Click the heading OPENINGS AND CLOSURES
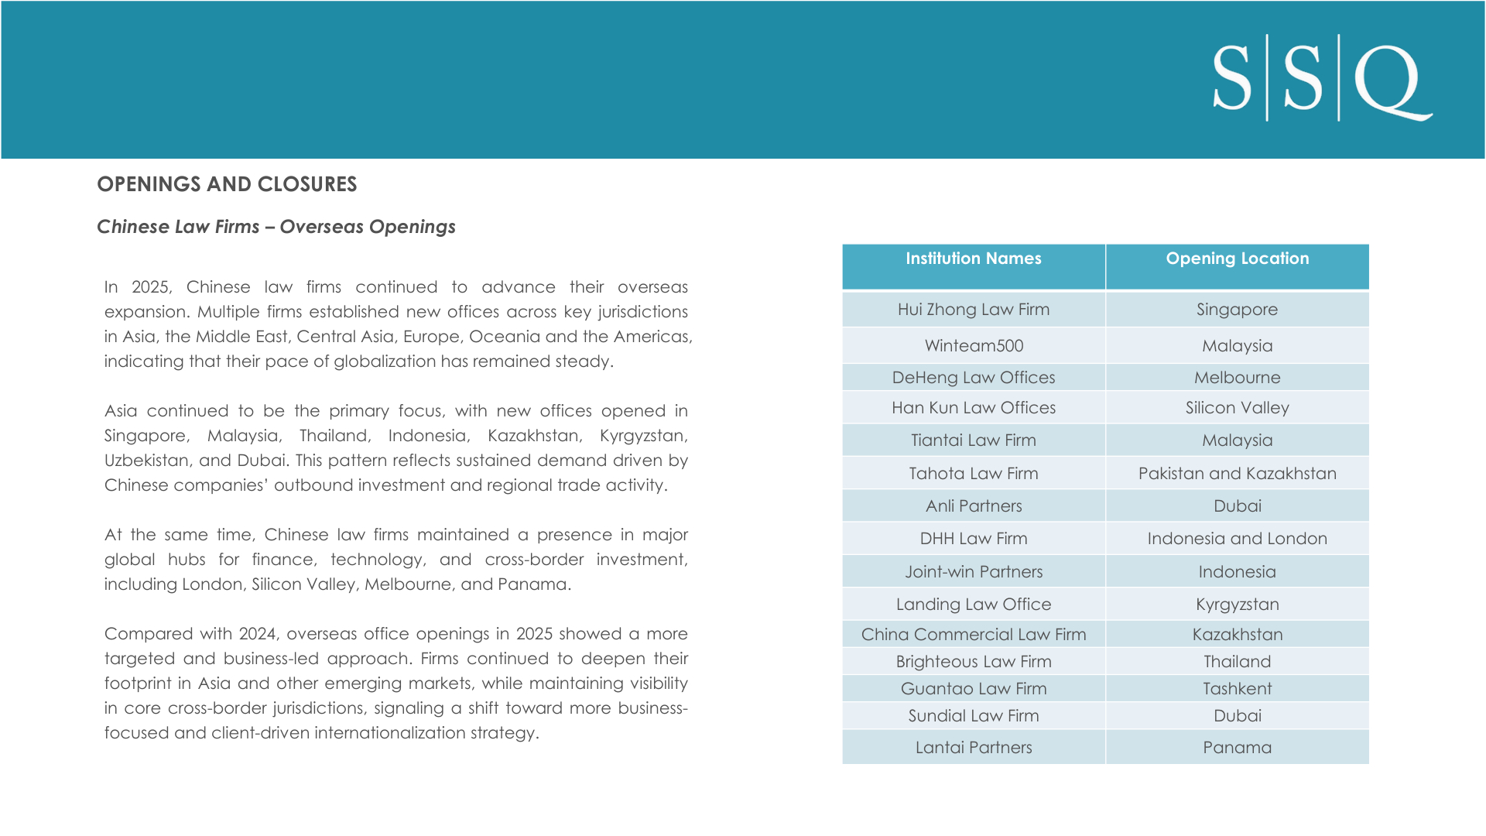click(x=227, y=184)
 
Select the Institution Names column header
click(x=973, y=259)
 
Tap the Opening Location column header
click(x=1237, y=259)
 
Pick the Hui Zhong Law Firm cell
click(x=973, y=310)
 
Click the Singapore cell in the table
click(x=1237, y=310)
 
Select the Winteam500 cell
click(x=973, y=346)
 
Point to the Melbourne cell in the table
click(x=1237, y=378)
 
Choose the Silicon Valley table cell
click(x=1237, y=408)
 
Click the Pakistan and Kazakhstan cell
click(x=1237, y=474)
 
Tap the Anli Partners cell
click(x=973, y=506)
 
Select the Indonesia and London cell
click(x=1237, y=539)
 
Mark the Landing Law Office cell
click(x=973, y=605)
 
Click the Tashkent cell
click(x=1237, y=689)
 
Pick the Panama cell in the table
click(x=1237, y=748)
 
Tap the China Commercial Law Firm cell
click(x=973, y=635)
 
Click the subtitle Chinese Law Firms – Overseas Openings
click(x=276, y=227)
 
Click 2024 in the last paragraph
click(x=258, y=634)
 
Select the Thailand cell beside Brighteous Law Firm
click(x=1237, y=662)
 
